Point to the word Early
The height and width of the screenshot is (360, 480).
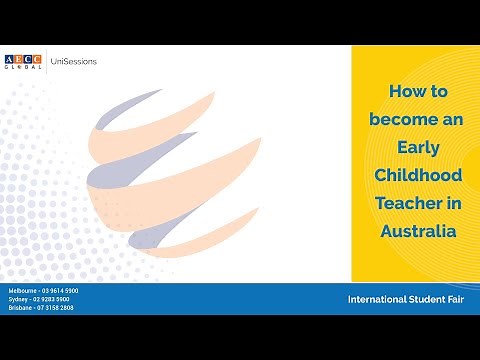[x=418, y=147]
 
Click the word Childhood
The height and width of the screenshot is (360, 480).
[x=418, y=175]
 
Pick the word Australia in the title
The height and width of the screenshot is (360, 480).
[x=418, y=231]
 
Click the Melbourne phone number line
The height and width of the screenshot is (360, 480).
[x=43, y=291]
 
